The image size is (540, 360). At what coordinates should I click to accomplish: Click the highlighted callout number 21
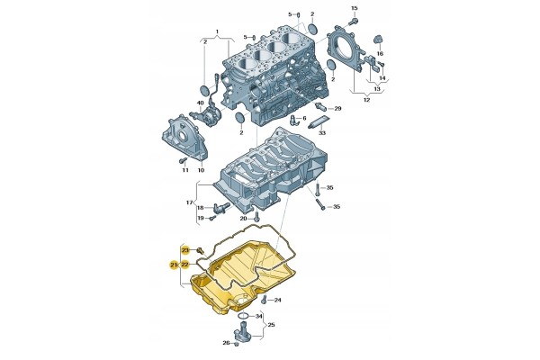tap(174, 265)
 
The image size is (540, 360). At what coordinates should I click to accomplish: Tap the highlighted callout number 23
tap(185, 249)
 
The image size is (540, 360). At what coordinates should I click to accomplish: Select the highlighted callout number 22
tap(184, 265)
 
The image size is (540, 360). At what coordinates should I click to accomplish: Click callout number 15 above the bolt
tap(355, 8)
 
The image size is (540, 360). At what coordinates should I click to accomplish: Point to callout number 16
tap(380, 54)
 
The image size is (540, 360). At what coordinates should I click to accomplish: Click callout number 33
tap(321, 132)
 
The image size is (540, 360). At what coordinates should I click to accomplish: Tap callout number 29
tap(337, 109)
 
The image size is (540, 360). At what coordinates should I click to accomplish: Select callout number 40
tap(200, 103)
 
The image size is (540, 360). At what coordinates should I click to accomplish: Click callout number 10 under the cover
tap(201, 170)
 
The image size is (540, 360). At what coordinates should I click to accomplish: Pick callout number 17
tap(189, 202)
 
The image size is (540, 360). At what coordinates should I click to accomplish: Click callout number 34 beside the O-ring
tap(258, 316)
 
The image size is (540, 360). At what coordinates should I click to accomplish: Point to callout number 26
tap(226, 343)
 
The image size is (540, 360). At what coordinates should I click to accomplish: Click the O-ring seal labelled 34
tap(244, 316)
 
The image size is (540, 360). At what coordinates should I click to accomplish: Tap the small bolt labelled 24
tap(264, 300)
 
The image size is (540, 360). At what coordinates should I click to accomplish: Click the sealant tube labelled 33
tap(319, 121)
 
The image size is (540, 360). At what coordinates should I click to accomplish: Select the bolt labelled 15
tap(352, 22)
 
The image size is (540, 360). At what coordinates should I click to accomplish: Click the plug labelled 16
tap(378, 40)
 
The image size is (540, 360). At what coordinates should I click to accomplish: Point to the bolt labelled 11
tap(183, 160)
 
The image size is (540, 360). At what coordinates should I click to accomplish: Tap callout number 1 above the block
tap(217, 31)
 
